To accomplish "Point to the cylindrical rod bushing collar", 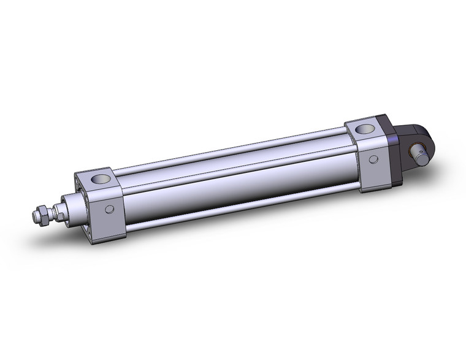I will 69,207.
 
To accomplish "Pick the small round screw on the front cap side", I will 109,210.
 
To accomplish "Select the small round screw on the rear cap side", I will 373,159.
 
